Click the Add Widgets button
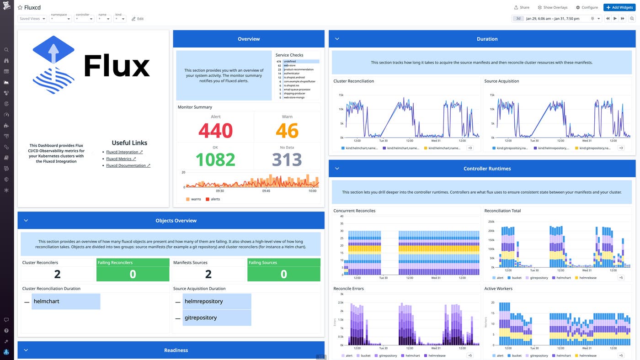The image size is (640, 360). coord(619,7)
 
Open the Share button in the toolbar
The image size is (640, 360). coord(522,7)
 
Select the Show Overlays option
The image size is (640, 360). coord(553,7)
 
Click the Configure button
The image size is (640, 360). coord(587,7)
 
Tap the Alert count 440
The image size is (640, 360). coord(215,131)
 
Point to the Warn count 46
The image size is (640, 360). coord(287,131)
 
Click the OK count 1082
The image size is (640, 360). coord(215,159)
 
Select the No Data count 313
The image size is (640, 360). coord(287,159)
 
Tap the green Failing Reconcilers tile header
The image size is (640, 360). coord(133,263)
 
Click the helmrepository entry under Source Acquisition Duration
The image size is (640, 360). coord(204,302)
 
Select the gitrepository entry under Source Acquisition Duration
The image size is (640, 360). coord(201,318)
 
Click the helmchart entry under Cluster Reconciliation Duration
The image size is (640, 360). coord(47,302)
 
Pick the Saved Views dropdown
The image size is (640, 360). coord(32,19)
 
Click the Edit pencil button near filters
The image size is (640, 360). coord(138,19)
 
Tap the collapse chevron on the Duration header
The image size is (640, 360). coord(337,39)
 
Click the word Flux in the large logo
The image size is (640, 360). coord(117,66)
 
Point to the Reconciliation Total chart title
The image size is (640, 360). coord(502,211)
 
